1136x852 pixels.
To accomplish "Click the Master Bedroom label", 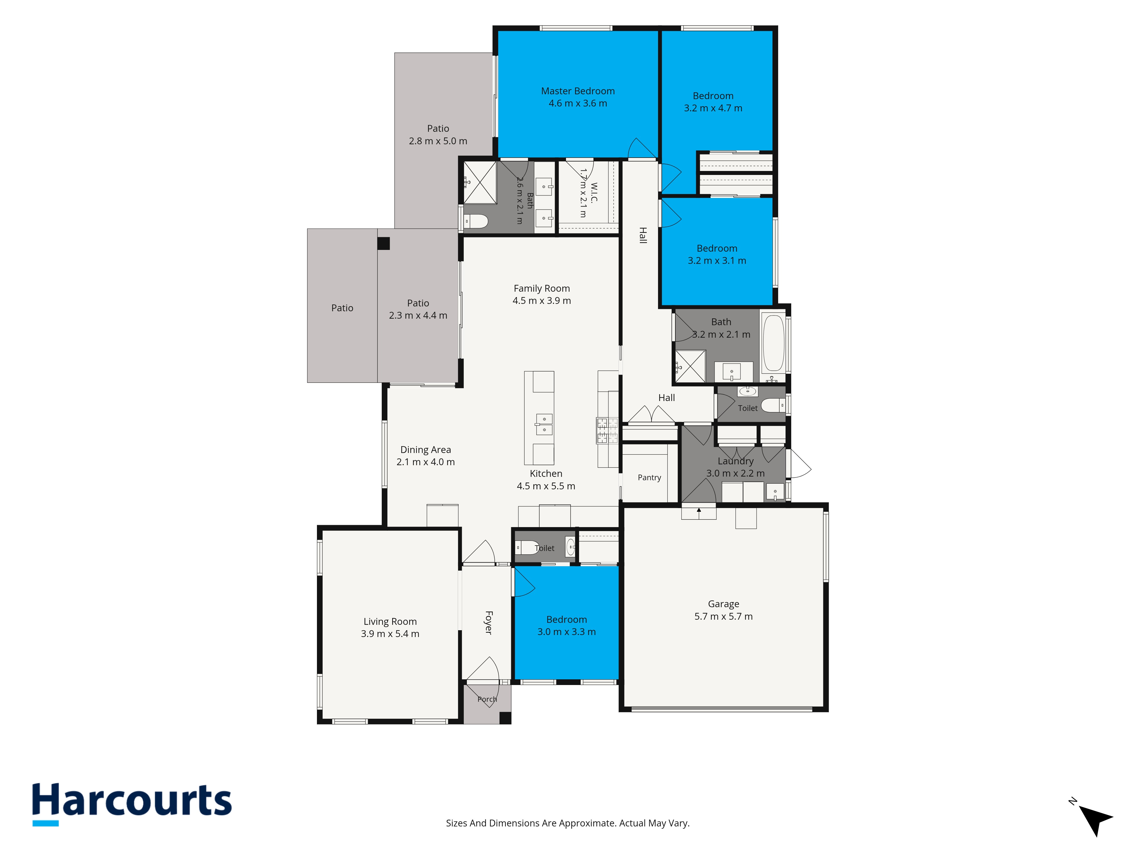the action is (578, 91).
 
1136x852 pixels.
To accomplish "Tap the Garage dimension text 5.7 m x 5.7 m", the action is (724, 616).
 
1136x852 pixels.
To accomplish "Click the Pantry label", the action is (649, 478).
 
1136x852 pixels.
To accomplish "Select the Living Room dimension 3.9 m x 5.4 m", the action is (390, 634).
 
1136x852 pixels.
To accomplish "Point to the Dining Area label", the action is (426, 450).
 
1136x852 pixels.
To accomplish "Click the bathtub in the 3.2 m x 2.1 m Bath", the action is (773, 343).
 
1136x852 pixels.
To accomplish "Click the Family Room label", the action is (542, 289).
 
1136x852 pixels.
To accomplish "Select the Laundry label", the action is (736, 461).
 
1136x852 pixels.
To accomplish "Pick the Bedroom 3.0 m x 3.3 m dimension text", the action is (567, 632).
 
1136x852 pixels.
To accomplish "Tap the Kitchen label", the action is (546, 473).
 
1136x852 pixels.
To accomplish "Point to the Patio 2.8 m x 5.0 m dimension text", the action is (438, 141).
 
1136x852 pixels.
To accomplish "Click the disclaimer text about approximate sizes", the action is (567, 823).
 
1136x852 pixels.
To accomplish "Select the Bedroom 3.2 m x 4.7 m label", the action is (713, 96).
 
